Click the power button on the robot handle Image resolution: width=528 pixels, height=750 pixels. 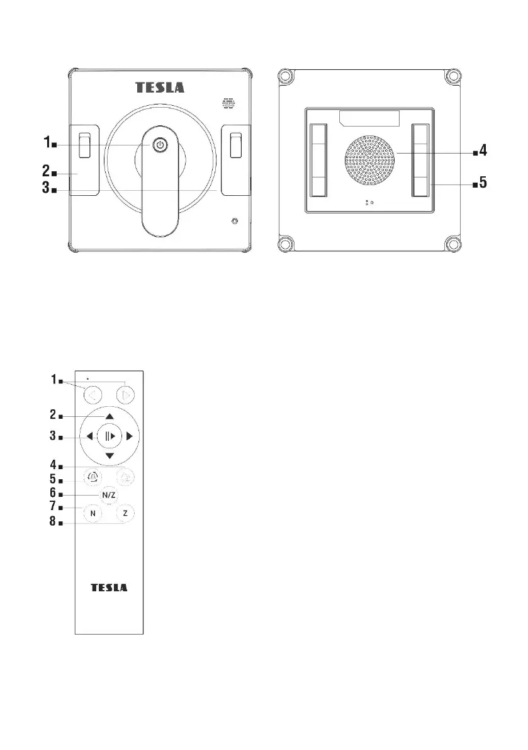point(160,145)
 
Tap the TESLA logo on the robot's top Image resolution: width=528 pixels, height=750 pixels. point(160,88)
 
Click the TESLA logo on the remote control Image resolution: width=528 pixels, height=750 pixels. point(110,588)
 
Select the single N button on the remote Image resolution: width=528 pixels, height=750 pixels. point(93,513)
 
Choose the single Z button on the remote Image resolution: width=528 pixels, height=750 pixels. point(125,513)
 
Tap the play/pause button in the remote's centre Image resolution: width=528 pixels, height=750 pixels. point(110,436)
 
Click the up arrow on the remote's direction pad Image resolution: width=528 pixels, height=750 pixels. point(110,417)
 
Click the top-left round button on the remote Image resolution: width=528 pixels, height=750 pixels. point(93,395)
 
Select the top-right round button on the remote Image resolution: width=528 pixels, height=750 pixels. point(125,395)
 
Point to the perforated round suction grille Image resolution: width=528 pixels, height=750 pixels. point(370,161)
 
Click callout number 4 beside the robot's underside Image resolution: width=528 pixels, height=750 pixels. point(483,151)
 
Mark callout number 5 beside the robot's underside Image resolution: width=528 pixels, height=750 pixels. point(483,182)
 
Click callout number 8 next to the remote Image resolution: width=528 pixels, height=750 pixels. point(53,521)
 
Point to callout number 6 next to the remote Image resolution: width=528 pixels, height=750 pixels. point(53,492)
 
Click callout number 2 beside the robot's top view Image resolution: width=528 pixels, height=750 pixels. point(46,170)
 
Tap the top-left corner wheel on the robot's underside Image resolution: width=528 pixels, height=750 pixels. point(285,77)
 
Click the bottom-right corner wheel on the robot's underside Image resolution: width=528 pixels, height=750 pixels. point(452,244)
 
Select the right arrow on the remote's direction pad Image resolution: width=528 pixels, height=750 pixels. point(129,436)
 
